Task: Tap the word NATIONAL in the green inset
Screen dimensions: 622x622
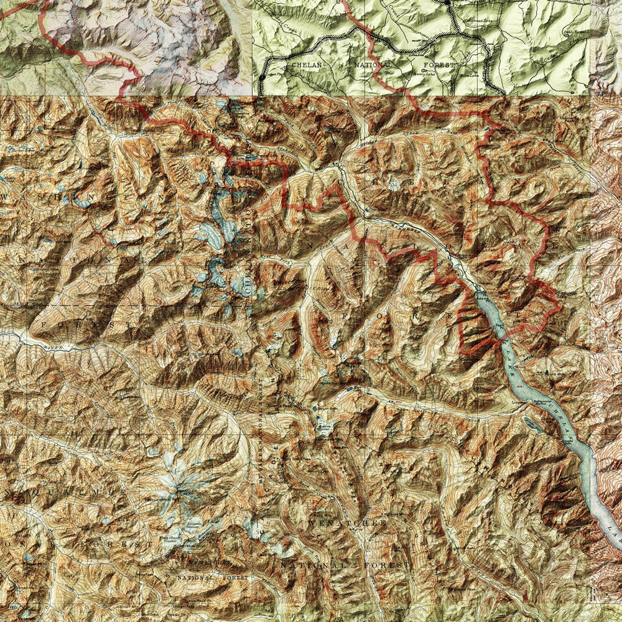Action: click(373, 64)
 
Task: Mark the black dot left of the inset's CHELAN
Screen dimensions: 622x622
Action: click(262, 77)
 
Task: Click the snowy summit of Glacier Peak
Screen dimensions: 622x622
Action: click(179, 490)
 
